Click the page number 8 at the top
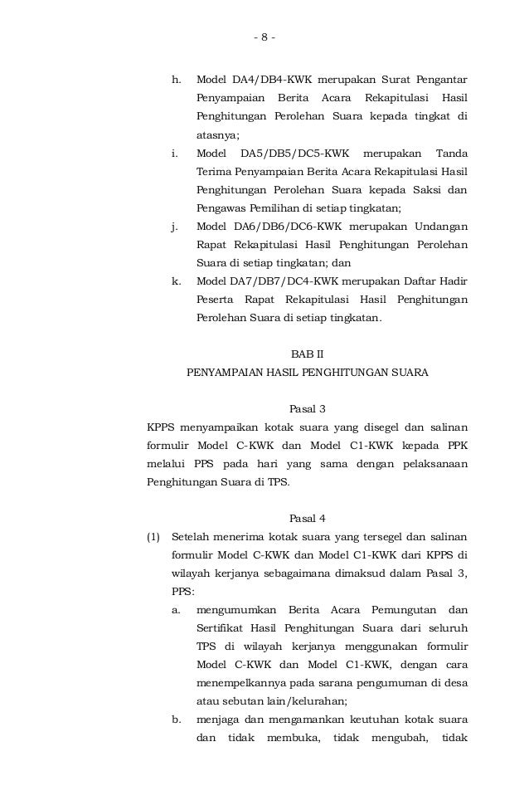[264, 37]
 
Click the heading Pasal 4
[307, 519]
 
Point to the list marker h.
[175, 81]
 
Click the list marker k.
[176, 281]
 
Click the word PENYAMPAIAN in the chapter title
[225, 373]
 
